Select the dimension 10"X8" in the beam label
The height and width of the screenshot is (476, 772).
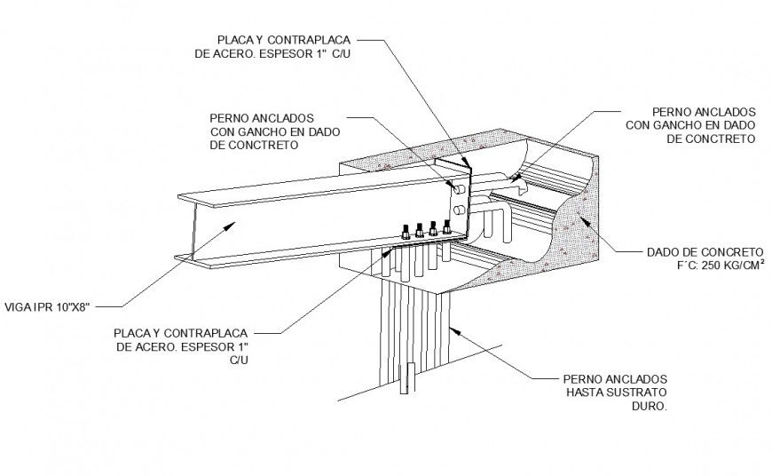pyautogui.click(x=70, y=305)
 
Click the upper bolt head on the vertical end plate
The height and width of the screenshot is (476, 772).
pyautogui.click(x=458, y=188)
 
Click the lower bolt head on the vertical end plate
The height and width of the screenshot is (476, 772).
pyautogui.click(x=458, y=210)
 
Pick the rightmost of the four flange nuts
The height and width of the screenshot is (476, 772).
pyautogui.click(x=446, y=228)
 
